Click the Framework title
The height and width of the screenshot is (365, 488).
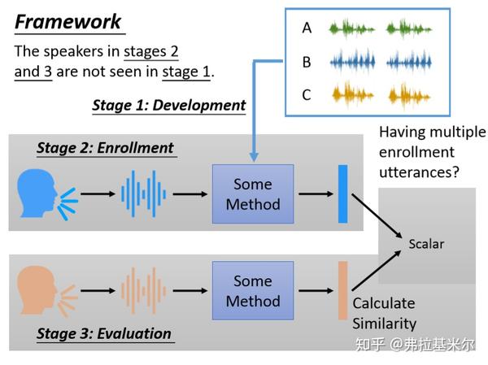68,22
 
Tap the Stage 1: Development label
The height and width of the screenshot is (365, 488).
169,105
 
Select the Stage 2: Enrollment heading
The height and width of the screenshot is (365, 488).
105,148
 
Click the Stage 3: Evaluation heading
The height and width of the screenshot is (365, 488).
104,333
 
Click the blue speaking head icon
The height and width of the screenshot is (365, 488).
47,194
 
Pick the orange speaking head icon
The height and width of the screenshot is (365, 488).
47,291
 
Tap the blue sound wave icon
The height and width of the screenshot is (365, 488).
143,193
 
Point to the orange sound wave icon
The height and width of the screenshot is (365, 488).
143,290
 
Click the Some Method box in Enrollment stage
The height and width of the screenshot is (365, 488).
253,193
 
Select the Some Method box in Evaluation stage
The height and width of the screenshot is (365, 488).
253,291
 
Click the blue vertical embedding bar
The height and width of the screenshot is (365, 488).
343,193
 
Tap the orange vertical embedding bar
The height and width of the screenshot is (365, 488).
343,291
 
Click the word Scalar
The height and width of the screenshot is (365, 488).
426,244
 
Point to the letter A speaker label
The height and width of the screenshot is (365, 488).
307,28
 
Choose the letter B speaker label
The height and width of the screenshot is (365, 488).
307,62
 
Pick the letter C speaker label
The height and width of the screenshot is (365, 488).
307,94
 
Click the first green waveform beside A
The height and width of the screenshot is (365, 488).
352,29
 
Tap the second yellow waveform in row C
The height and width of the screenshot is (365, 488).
409,96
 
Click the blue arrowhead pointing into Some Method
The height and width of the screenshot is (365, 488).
254,157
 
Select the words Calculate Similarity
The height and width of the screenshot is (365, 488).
384,313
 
